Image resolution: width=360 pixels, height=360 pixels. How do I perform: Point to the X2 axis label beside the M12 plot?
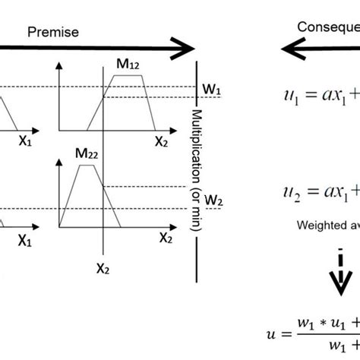(162, 141)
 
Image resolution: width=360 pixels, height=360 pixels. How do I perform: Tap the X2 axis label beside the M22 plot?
(166, 237)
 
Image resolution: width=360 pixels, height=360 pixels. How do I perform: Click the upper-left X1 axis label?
(25, 141)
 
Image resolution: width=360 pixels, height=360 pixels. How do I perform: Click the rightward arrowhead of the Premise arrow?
(183, 50)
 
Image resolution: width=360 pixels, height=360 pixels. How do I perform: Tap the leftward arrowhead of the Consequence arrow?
(292, 50)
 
